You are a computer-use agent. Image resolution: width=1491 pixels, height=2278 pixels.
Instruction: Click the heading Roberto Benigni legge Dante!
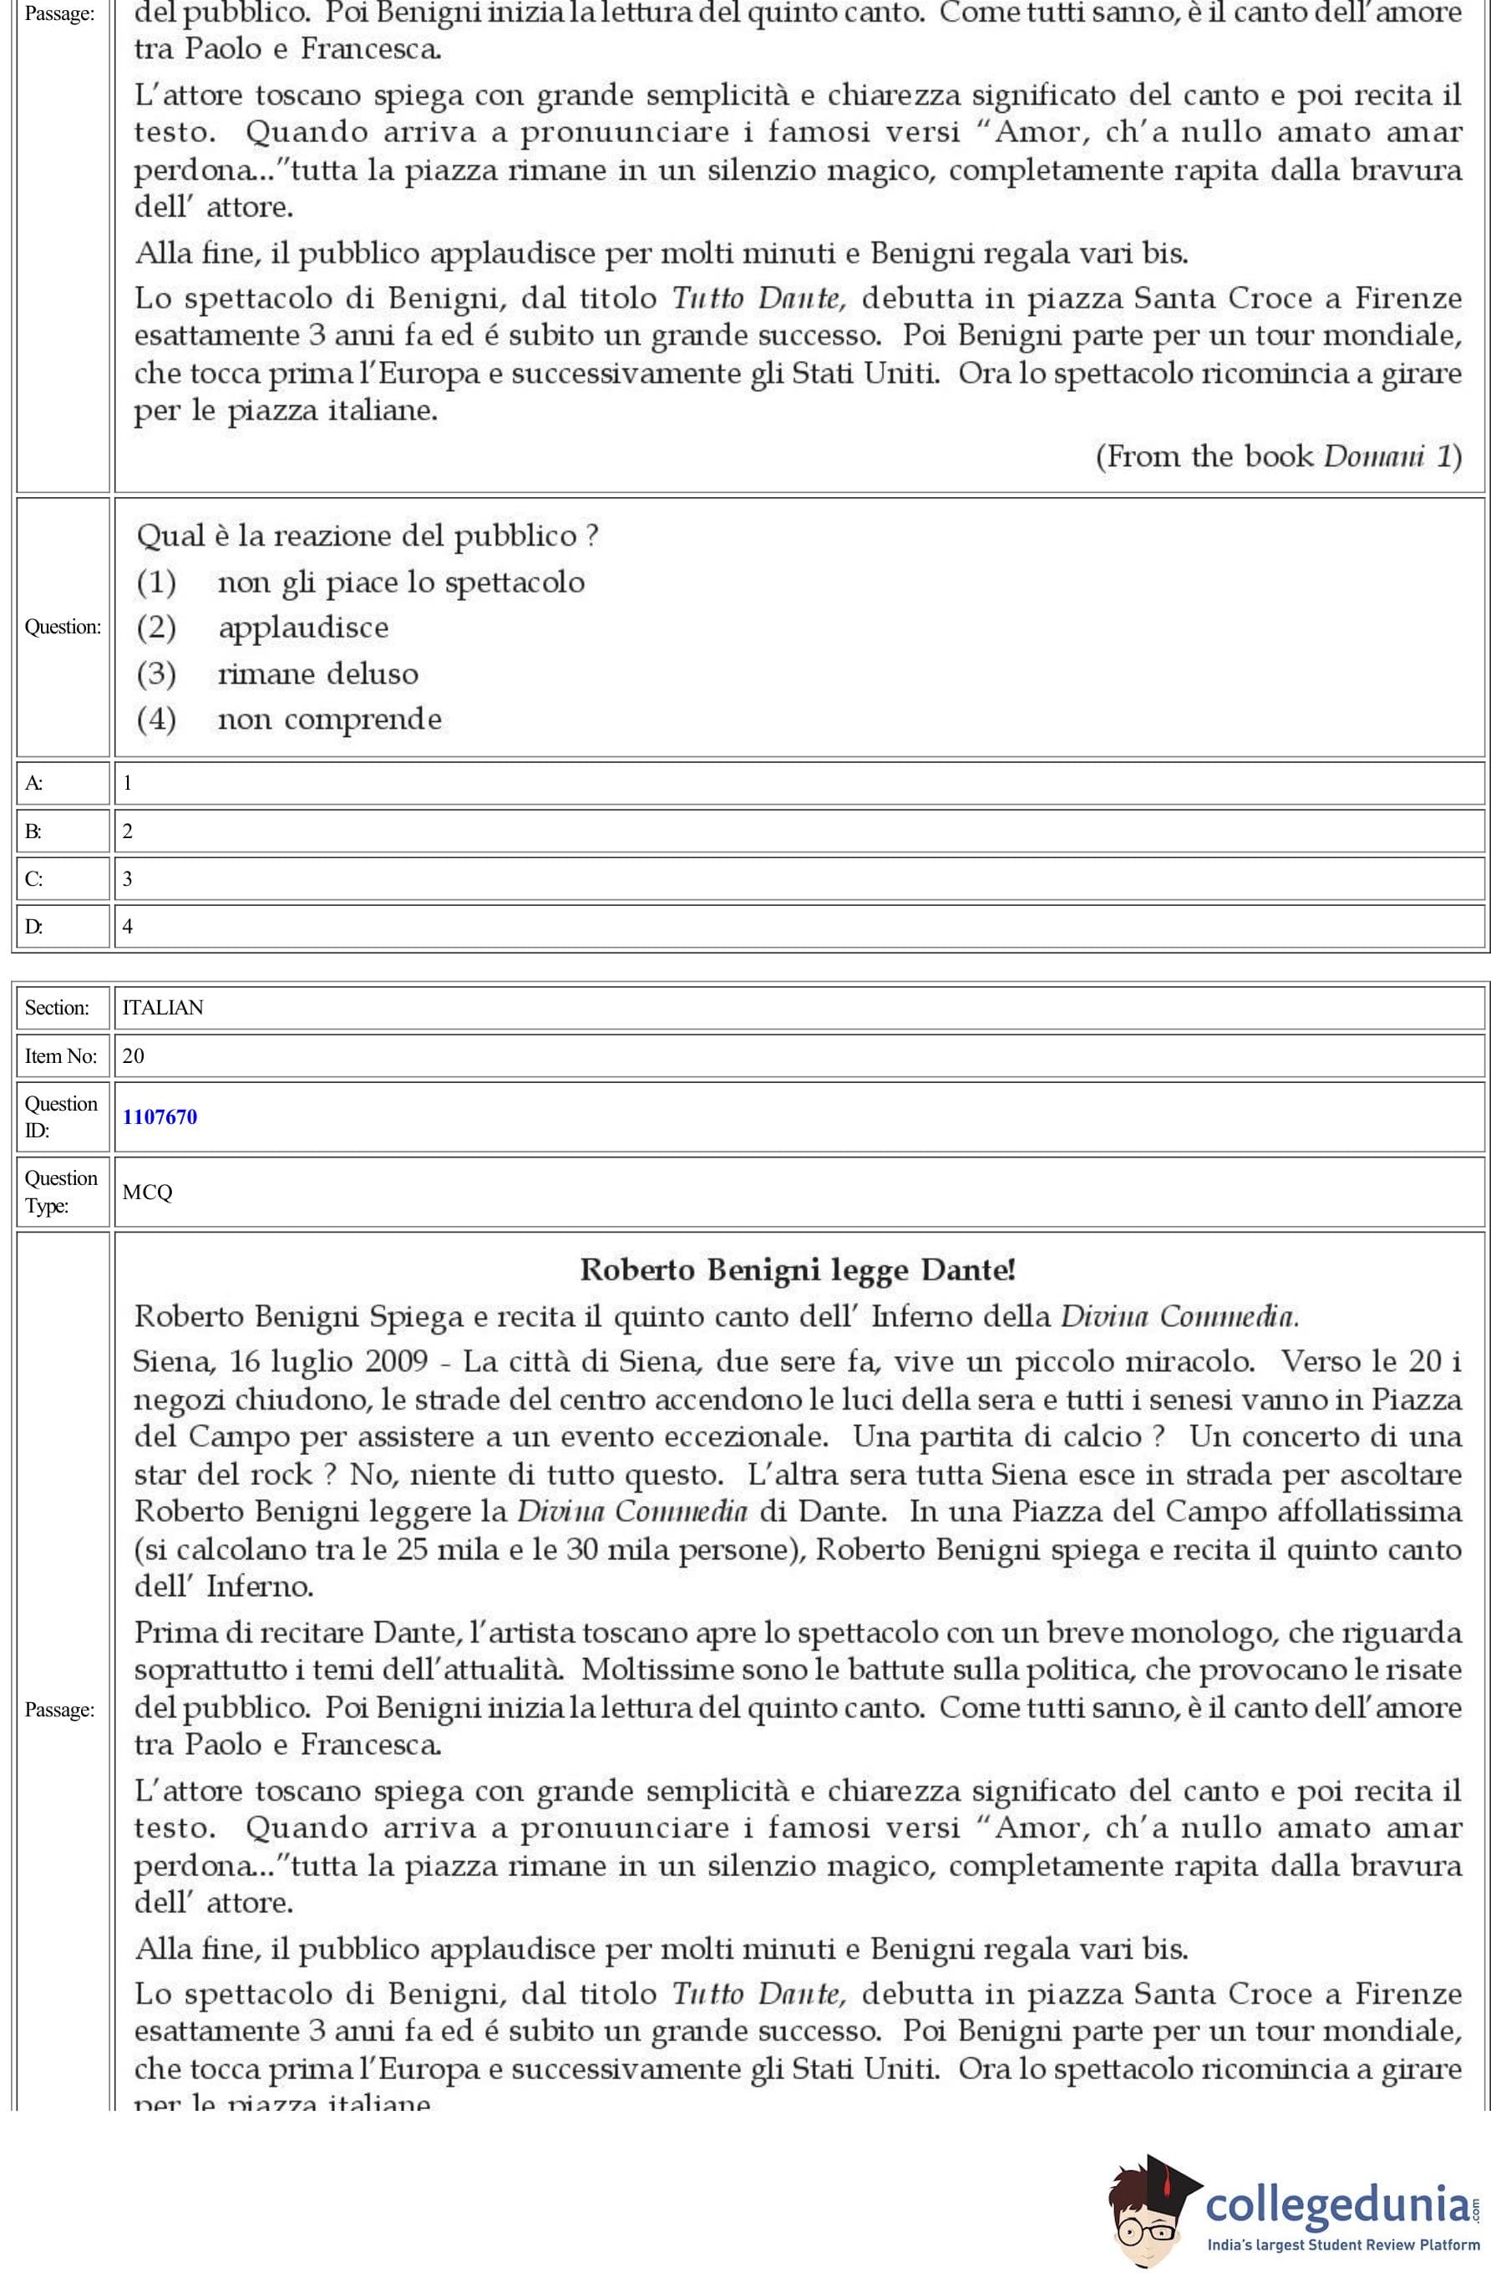(x=797, y=1270)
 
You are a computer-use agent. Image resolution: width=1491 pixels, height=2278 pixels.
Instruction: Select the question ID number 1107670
(x=160, y=1117)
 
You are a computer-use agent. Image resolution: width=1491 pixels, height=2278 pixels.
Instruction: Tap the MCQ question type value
(x=147, y=1192)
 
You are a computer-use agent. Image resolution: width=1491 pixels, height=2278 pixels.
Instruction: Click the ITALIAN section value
(x=163, y=1008)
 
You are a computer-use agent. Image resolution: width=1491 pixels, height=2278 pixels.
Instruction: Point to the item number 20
(x=133, y=1055)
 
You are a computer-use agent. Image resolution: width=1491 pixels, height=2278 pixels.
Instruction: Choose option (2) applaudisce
(x=302, y=628)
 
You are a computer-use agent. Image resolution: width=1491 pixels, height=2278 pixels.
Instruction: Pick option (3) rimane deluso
(x=317, y=674)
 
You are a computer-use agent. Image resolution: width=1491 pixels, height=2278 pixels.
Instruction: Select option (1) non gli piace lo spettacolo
(x=400, y=582)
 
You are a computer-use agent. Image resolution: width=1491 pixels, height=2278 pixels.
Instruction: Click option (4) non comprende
(x=329, y=719)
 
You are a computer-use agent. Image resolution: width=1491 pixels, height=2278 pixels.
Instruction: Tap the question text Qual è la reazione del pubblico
(x=368, y=535)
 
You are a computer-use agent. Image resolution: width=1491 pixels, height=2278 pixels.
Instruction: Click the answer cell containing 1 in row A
(x=129, y=783)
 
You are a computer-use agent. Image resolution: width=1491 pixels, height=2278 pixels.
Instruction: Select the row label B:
(x=33, y=831)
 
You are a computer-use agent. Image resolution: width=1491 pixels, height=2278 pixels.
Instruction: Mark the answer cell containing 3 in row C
(x=129, y=878)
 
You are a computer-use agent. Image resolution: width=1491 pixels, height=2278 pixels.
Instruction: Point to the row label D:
(x=33, y=926)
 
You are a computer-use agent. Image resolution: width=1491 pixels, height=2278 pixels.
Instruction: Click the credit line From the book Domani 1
(x=1278, y=455)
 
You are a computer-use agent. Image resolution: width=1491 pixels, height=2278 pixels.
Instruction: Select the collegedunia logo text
(x=1337, y=2204)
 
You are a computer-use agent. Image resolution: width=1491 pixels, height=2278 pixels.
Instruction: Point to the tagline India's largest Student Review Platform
(x=1342, y=2245)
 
